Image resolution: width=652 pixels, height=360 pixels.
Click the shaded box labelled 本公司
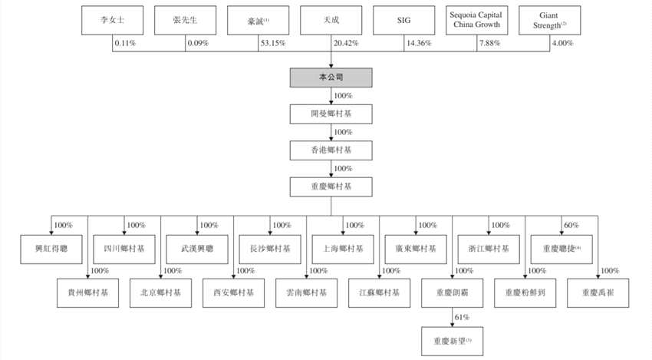point(331,78)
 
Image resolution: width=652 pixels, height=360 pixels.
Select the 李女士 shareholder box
point(111,21)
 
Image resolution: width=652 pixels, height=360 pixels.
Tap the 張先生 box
point(185,21)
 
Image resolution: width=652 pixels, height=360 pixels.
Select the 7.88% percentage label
point(491,43)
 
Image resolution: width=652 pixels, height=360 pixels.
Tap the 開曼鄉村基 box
point(331,114)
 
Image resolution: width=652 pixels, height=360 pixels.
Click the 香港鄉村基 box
point(331,150)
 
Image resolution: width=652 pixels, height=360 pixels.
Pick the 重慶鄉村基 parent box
point(331,187)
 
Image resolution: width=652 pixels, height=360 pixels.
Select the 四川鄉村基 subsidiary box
point(125,248)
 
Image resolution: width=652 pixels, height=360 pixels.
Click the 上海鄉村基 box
point(343,248)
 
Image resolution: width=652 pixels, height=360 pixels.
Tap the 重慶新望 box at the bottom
point(452,339)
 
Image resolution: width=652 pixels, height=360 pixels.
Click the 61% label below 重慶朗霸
point(460,317)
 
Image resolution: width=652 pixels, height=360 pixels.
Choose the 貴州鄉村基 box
point(87,292)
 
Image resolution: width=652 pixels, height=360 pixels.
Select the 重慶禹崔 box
point(597,292)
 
